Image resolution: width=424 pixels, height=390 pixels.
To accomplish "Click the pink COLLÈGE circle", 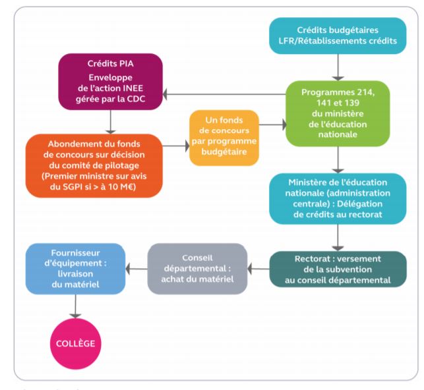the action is click(x=75, y=343).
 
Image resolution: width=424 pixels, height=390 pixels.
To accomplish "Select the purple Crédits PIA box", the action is click(x=110, y=82).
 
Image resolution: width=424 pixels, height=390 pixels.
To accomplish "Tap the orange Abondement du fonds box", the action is click(x=94, y=165).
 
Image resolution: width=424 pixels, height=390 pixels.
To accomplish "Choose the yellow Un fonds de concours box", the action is click(x=224, y=138).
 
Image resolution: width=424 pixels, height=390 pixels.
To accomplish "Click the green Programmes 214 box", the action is click(x=338, y=113).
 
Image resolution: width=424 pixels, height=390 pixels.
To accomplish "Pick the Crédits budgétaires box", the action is click(x=338, y=36).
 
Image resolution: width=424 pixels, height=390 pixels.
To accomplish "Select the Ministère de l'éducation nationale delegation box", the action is click(x=338, y=198).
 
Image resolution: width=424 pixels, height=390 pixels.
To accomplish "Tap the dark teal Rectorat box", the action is click(x=338, y=269).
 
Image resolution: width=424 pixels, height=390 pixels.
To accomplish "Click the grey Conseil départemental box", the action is click(x=197, y=269).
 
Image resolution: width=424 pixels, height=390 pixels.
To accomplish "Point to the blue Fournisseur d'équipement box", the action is click(x=75, y=269).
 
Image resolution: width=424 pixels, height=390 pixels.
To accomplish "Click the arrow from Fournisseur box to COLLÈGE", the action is click(x=75, y=306).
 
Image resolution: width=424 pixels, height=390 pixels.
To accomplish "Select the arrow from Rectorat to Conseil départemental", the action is click(x=258, y=269).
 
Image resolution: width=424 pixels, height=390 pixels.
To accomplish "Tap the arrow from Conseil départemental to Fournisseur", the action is click(x=136, y=269).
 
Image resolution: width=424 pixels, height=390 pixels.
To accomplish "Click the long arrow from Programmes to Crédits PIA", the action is click(x=224, y=94).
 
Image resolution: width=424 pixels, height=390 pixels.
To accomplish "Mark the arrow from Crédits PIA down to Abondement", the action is click(x=110, y=122).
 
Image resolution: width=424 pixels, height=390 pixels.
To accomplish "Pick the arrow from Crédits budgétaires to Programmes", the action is click(x=338, y=67).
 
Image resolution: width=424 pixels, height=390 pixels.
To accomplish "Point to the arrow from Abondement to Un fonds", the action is click(x=176, y=146).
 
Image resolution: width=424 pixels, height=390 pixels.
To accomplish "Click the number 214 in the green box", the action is click(x=366, y=92).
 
